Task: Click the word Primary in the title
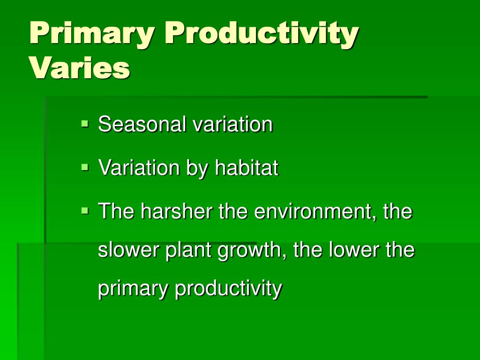coord(92,34)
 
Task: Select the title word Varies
coord(80,67)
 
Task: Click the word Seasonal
coord(142,124)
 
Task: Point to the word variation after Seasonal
coord(232,124)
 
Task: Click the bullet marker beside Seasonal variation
coord(85,124)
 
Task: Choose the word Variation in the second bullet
coord(139,167)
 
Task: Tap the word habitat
coord(247,167)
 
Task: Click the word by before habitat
coord(197,169)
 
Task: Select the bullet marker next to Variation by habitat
coord(85,167)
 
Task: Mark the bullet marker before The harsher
coord(85,210)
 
